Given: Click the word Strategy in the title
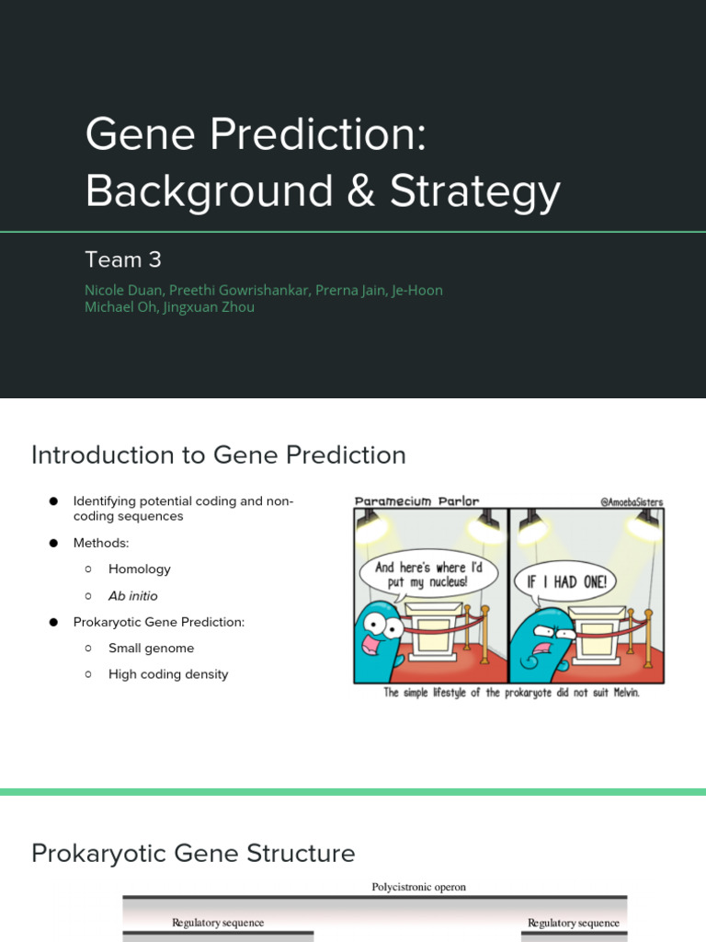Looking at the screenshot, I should click(475, 191).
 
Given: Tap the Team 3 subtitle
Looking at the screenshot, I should click(123, 259).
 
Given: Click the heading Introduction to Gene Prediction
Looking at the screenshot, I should click(218, 455).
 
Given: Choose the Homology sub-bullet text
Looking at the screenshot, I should click(139, 569).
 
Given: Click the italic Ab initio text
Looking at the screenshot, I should click(132, 596).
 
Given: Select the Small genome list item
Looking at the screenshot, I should click(151, 649).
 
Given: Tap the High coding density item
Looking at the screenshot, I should click(167, 674).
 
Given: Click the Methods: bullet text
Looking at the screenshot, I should click(101, 544).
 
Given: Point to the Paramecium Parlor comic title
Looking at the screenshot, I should click(417, 501).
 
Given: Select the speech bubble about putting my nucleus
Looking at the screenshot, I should click(429, 575).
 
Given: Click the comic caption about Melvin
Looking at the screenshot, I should click(510, 693).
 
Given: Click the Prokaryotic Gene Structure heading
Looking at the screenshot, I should click(193, 854).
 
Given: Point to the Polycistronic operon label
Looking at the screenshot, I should click(418, 888).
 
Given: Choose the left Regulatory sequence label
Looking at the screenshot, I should click(218, 923).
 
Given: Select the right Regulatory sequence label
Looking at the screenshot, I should click(574, 923).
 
